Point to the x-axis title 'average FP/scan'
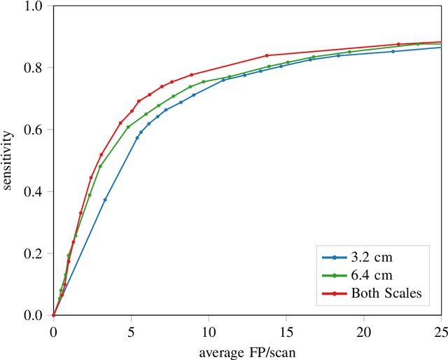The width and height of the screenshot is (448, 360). point(247,352)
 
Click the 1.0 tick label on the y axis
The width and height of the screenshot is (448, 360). point(34,6)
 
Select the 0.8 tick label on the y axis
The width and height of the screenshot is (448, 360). point(34,68)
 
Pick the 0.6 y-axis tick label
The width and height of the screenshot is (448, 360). point(34,130)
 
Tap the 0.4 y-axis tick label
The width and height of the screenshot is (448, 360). point(34,191)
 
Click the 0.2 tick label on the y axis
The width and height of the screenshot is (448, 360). point(34,253)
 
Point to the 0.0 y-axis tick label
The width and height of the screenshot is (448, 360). point(34,315)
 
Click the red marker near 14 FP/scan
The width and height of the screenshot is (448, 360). point(267,55)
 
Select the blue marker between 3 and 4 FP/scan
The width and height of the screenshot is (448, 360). point(105,200)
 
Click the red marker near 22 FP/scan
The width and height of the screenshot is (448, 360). point(398,44)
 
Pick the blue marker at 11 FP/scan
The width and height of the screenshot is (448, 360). point(223,80)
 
